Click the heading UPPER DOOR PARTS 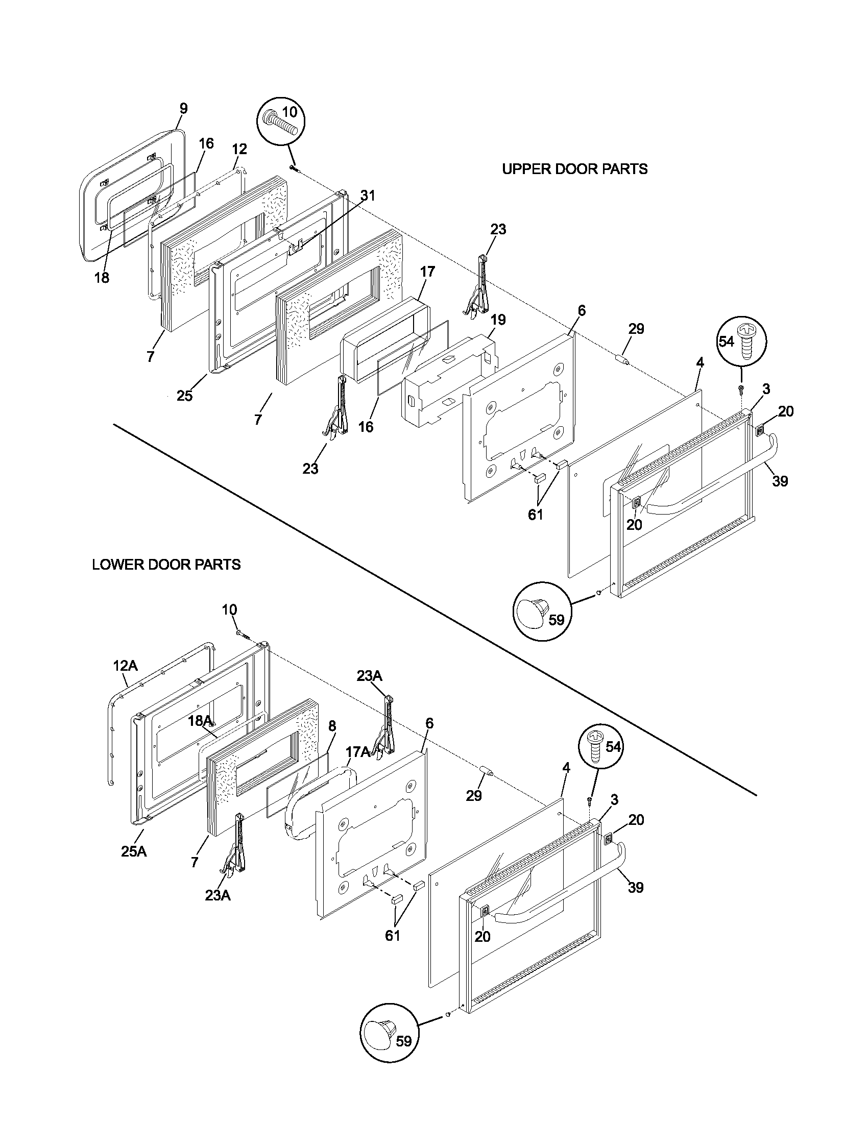(574, 169)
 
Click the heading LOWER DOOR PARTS (166, 565)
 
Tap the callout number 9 (184, 109)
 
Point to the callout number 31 (368, 196)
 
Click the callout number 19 (498, 320)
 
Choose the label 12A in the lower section (126, 666)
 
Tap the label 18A (200, 721)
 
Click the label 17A (357, 752)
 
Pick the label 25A (134, 851)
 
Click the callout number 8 (332, 726)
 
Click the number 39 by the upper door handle (780, 481)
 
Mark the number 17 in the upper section (427, 272)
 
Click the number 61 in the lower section (392, 935)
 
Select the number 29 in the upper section (636, 329)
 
